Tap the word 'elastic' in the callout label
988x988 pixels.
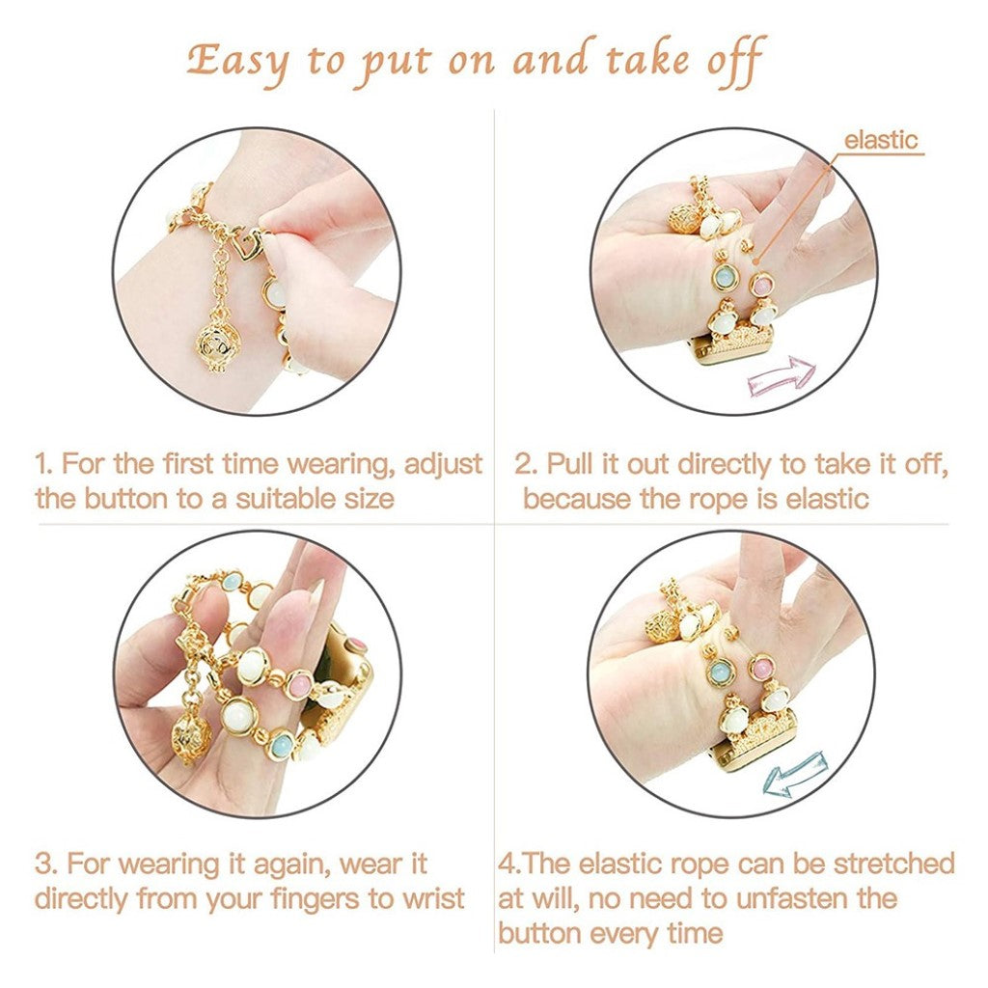(x=881, y=140)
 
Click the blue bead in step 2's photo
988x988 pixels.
(x=722, y=277)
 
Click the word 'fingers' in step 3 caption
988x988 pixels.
(x=316, y=899)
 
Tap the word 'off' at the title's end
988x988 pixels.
(x=734, y=61)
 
